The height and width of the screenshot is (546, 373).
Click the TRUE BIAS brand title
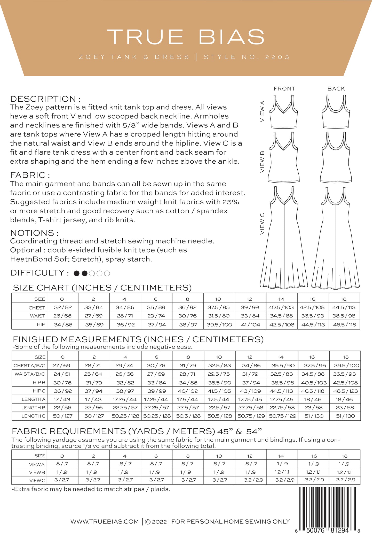[186, 37]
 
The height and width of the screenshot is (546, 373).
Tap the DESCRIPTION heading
[45, 99]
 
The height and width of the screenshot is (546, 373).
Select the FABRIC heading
[30, 175]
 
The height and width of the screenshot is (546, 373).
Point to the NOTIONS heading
[34, 233]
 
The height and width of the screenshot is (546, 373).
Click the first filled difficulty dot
[77, 273]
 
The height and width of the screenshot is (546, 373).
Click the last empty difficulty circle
[107, 273]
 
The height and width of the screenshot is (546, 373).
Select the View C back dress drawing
[336, 238]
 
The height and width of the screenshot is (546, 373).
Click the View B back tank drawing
[336, 158]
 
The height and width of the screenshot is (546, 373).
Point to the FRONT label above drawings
[284, 89]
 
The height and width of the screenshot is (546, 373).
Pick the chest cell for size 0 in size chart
[63, 307]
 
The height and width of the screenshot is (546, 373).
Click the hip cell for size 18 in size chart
[344, 325]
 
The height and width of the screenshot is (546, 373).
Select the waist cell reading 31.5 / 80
[219, 316]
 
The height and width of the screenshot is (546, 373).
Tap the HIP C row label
[39, 391]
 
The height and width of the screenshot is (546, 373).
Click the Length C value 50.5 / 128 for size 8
[188, 416]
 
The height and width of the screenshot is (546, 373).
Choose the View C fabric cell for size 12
[250, 480]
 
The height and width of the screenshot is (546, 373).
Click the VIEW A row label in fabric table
[37, 464]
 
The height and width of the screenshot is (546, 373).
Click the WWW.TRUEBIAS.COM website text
[105, 522]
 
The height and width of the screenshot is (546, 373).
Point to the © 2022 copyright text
[156, 522]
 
